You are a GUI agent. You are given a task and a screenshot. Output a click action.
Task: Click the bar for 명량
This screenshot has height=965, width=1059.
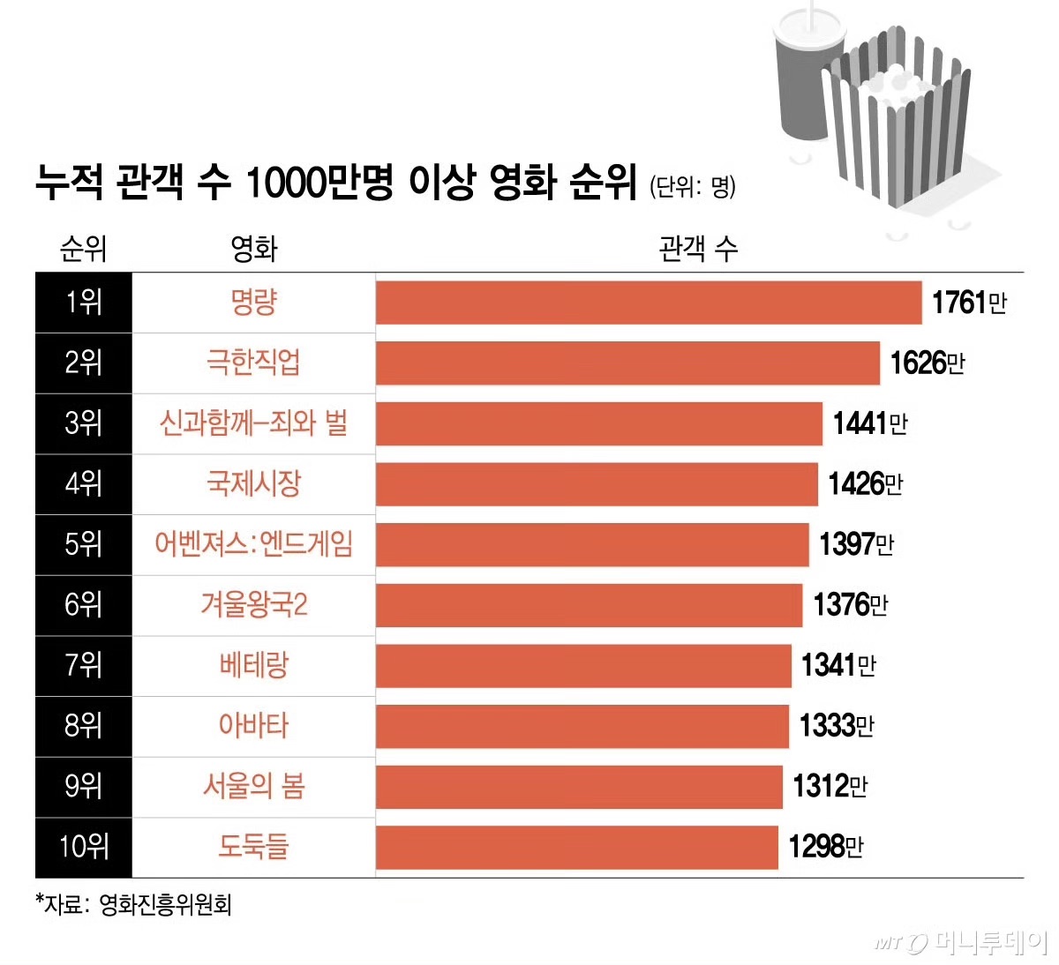[x=649, y=303]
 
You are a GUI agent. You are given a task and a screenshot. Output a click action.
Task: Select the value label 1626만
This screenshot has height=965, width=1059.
[x=927, y=363]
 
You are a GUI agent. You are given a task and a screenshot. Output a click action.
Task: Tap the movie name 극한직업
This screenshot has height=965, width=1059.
[x=253, y=363]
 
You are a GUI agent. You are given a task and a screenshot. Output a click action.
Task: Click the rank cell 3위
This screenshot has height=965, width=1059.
[x=84, y=423]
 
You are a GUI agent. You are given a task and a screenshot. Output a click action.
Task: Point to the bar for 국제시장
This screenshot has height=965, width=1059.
[x=597, y=483]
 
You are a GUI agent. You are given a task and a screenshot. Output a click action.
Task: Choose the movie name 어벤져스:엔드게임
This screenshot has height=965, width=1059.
[x=253, y=543]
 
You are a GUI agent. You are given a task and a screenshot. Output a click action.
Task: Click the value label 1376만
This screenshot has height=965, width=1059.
[x=850, y=604]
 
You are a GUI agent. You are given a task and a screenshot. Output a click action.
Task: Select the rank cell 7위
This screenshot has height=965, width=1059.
[x=84, y=664]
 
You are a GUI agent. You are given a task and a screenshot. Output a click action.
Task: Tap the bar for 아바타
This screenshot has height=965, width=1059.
[x=582, y=725]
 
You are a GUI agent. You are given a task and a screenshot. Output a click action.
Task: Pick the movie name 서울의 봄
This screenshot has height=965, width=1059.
[x=253, y=785]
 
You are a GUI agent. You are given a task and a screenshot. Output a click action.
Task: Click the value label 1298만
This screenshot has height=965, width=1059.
[x=825, y=846]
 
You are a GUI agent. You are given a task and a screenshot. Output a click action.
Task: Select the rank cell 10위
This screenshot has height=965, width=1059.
[x=84, y=846]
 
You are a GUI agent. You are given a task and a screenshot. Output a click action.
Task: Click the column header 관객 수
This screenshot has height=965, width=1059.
[x=697, y=249]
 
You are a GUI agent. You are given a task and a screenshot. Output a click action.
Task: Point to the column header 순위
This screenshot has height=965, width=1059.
[x=83, y=249]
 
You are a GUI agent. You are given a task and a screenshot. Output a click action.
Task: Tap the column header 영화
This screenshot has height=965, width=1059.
[x=253, y=249]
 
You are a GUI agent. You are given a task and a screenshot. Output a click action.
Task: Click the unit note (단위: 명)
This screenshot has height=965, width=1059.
[x=693, y=186]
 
